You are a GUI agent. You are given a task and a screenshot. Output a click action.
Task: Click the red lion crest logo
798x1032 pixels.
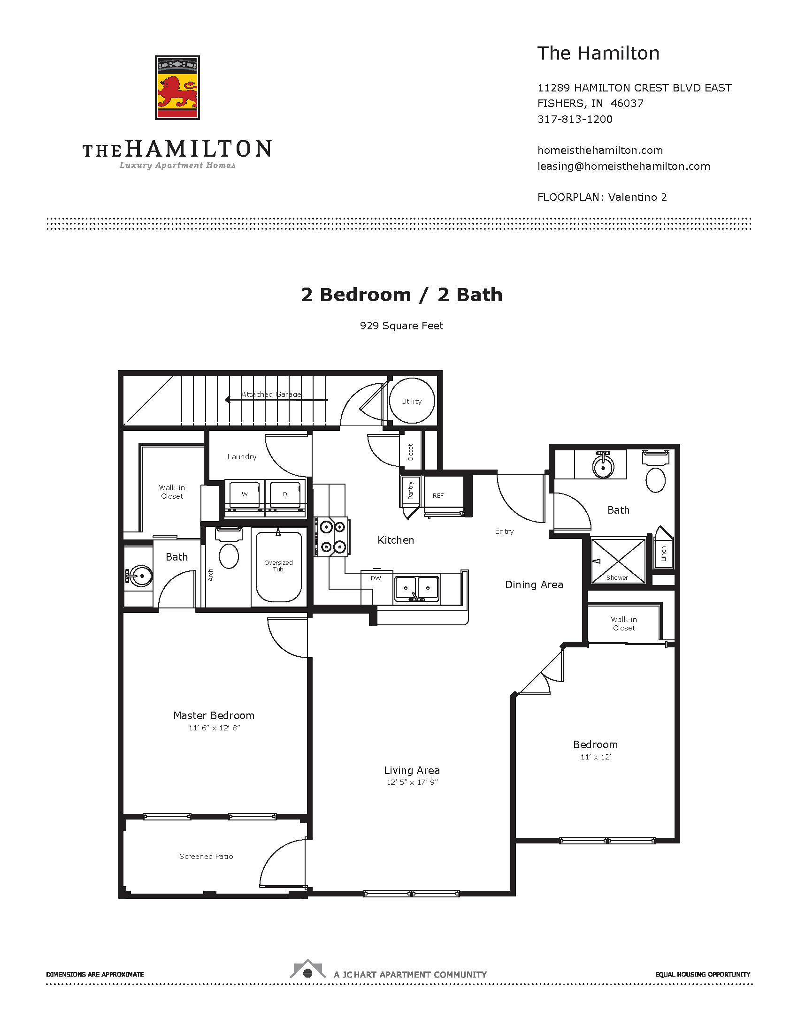(177, 88)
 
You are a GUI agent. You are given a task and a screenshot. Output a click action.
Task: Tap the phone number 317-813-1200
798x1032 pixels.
(575, 119)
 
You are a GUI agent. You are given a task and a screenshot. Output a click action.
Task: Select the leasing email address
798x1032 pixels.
(623, 167)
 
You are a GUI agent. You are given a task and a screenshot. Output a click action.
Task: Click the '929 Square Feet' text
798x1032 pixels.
(401, 326)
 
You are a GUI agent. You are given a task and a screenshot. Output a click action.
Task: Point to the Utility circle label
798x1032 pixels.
(411, 401)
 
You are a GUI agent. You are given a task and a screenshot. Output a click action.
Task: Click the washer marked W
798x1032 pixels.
(245, 494)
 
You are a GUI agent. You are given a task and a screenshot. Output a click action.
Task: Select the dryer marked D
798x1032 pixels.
(285, 494)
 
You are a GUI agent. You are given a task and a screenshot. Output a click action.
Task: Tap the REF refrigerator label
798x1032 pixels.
(438, 496)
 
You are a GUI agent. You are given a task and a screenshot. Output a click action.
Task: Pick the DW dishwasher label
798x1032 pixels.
(376, 578)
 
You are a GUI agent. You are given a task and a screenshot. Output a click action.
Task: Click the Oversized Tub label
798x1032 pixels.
(278, 566)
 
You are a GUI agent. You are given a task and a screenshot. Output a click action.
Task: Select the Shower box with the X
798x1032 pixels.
(618, 561)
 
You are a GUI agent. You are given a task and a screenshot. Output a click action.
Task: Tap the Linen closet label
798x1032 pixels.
(663, 554)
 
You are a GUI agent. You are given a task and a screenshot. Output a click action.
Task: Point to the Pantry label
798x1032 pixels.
(410, 491)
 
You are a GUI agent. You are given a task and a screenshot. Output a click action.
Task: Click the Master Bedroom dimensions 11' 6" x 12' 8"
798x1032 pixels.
(214, 728)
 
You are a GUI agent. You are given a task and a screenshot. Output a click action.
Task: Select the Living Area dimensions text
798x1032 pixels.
(412, 782)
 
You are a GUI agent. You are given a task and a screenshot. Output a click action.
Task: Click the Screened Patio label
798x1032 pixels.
(206, 856)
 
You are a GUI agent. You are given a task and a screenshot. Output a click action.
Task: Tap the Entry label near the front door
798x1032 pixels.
(504, 531)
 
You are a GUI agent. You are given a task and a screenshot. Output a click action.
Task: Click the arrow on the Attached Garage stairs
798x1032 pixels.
(229, 400)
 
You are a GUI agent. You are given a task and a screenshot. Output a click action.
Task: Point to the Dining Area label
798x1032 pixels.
(534, 584)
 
